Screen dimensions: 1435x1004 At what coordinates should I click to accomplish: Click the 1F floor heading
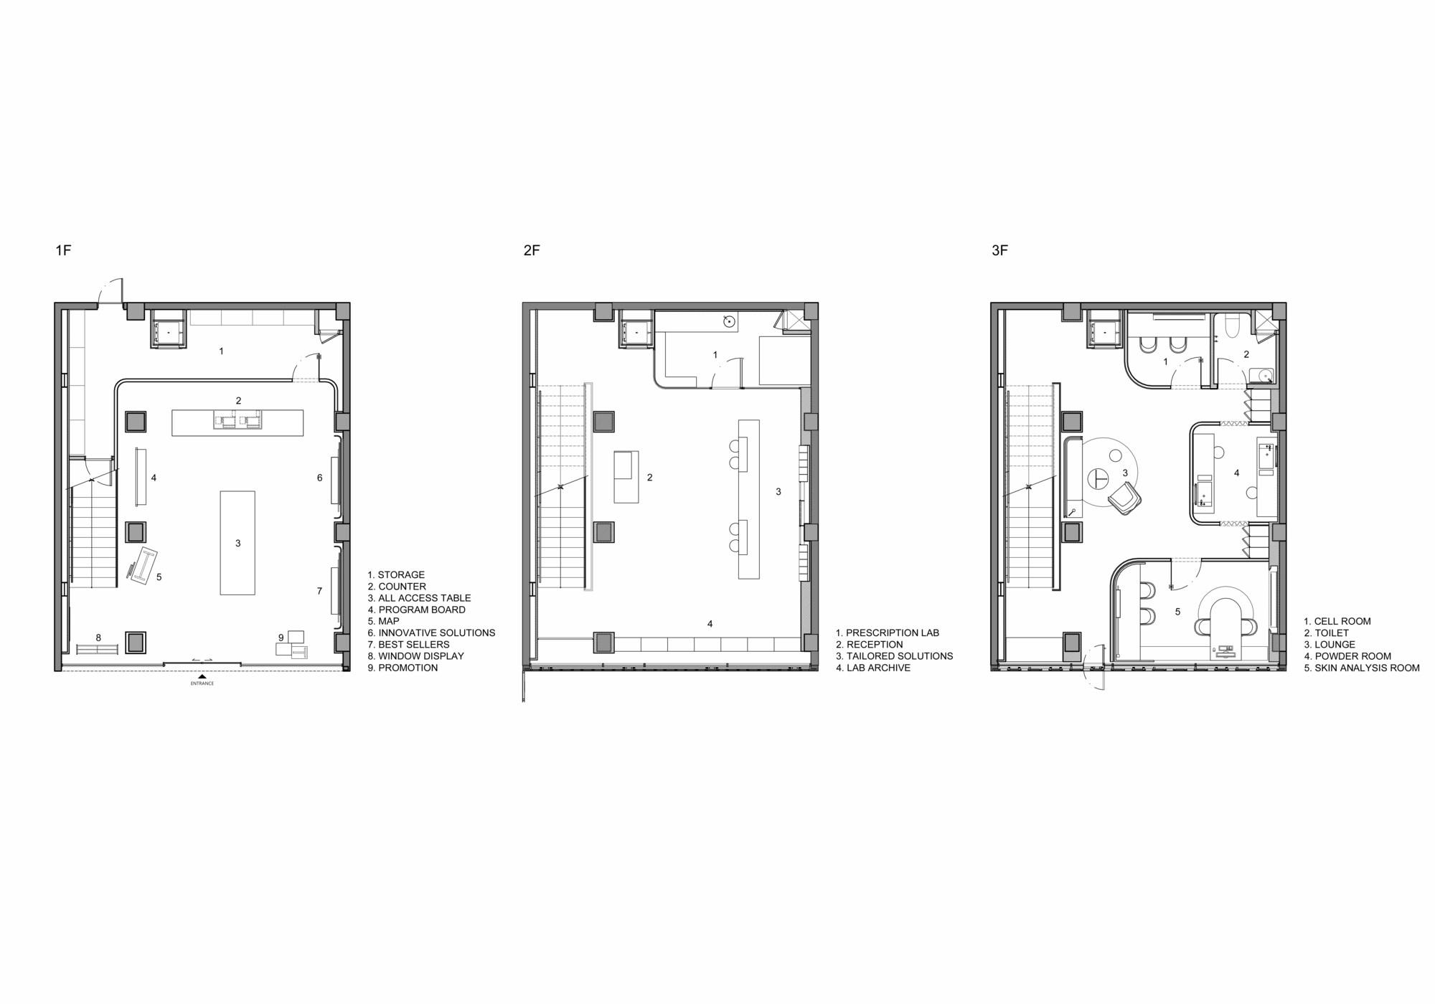[x=64, y=250]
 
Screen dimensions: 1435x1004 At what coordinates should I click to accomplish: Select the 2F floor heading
[x=532, y=250]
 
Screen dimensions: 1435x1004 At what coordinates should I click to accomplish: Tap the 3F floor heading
[x=999, y=250]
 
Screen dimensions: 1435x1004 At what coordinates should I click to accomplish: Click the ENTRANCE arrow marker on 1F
[x=202, y=676]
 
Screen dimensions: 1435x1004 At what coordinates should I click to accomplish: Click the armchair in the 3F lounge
[x=1124, y=498]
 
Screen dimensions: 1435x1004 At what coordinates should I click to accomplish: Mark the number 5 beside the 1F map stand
[x=159, y=577]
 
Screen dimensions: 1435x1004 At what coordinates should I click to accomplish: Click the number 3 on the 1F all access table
[x=238, y=544]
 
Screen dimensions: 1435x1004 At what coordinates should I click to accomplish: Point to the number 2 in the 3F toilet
[x=1246, y=354]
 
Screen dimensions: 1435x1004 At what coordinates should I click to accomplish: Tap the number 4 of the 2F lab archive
[x=710, y=624]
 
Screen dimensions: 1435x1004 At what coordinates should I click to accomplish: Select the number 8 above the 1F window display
[x=98, y=638]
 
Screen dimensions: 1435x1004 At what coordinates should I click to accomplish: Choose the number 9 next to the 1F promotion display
[x=281, y=638]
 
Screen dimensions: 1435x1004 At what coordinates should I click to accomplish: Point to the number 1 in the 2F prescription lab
[x=715, y=355]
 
